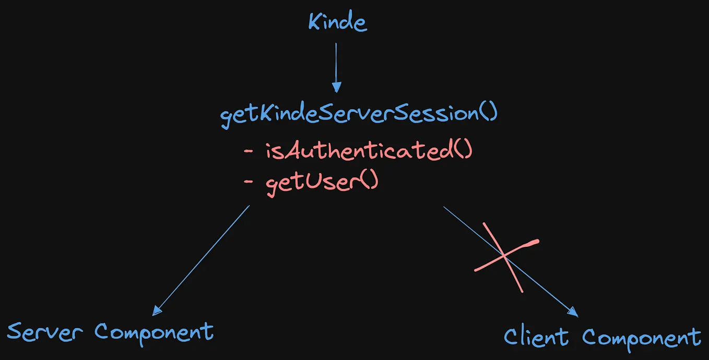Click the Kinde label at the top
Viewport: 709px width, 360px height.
(338, 21)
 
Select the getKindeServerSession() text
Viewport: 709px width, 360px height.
(359, 114)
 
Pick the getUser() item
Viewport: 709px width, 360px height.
(322, 183)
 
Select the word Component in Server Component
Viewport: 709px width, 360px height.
(154, 334)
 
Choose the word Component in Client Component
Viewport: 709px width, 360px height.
(642, 339)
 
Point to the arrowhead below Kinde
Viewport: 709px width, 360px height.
(336, 87)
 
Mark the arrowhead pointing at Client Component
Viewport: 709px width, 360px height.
(573, 312)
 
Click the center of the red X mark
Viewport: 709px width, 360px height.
(504, 256)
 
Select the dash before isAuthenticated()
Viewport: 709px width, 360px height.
(249, 151)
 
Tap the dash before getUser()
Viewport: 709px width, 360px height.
(249, 182)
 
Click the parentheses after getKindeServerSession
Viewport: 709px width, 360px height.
(489, 112)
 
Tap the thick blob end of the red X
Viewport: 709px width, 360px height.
(534, 243)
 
